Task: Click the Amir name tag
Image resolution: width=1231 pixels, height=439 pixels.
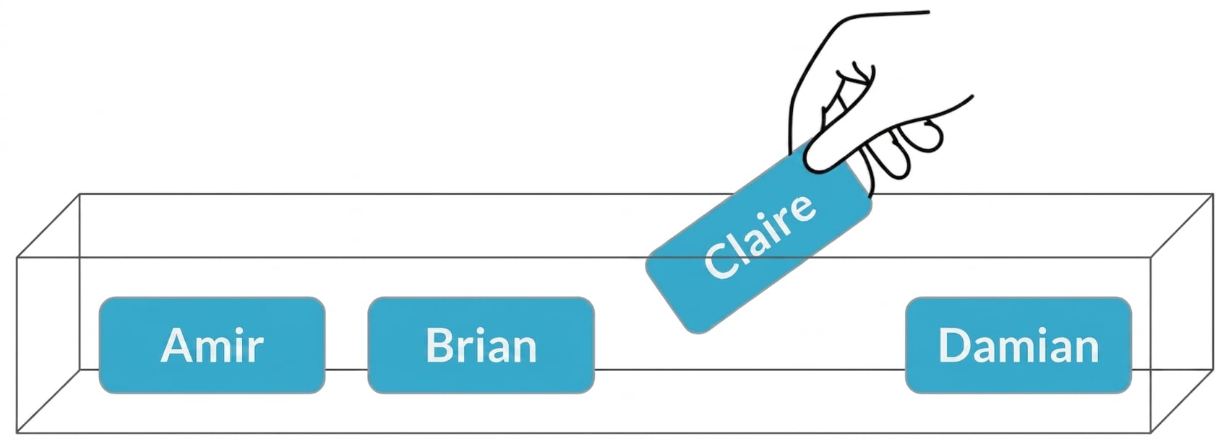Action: click(212, 345)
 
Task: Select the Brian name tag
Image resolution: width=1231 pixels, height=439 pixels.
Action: click(481, 345)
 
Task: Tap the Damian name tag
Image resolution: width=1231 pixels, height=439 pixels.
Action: click(1018, 345)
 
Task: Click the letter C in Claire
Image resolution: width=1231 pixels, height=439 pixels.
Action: click(721, 259)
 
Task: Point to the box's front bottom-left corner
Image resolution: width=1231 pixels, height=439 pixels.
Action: click(17, 433)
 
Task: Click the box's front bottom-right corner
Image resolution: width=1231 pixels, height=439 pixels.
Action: click(1151, 433)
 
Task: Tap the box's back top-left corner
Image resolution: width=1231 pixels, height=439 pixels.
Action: click(80, 194)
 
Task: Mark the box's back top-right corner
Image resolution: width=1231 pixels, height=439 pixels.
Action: click(1213, 194)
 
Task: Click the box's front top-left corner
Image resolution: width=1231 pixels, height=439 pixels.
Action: click(17, 257)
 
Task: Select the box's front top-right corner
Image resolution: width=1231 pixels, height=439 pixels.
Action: click(1151, 257)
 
